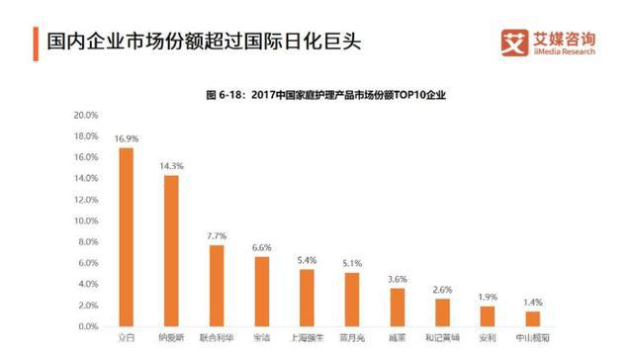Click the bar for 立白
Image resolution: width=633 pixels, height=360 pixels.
click(x=126, y=237)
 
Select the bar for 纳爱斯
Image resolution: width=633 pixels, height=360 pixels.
click(x=171, y=251)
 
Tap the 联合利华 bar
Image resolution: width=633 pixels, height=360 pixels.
click(x=217, y=286)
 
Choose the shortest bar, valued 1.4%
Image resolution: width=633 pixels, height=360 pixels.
click(x=533, y=318)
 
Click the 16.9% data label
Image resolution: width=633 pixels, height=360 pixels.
click(x=126, y=139)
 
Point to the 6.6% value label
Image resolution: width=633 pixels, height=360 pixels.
click(x=262, y=247)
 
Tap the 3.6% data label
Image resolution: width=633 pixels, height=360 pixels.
click(x=398, y=279)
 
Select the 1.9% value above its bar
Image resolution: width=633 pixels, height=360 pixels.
click(x=488, y=297)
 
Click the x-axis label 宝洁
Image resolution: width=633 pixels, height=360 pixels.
click(x=262, y=338)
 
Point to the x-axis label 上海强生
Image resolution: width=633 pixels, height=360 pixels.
click(x=307, y=338)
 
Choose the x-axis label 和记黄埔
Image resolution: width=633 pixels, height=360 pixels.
click(x=442, y=338)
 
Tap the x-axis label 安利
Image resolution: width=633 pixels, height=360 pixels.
click(x=488, y=338)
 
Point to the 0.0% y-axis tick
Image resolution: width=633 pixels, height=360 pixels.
click(x=86, y=326)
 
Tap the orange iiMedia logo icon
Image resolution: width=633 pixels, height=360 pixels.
click(x=513, y=43)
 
